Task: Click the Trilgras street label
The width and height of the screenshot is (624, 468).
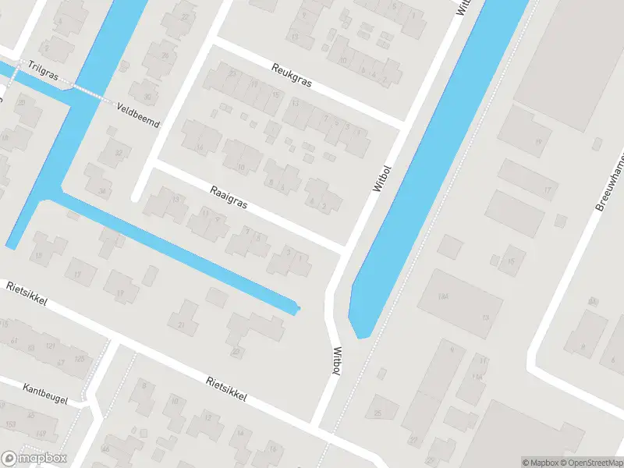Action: pyautogui.click(x=42, y=69)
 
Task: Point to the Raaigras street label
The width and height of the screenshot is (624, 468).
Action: pyautogui.click(x=229, y=197)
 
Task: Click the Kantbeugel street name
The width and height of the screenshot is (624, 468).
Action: pyautogui.click(x=45, y=394)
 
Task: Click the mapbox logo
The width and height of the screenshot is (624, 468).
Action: pyautogui.click(x=34, y=459)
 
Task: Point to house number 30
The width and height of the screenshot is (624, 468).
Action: pyautogui.click(x=147, y=97)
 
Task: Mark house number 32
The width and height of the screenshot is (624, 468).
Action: pyautogui.click(x=119, y=153)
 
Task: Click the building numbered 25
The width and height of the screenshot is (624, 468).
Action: pyautogui.click(x=380, y=412)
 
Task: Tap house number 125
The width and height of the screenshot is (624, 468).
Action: pyautogui.click(x=79, y=358)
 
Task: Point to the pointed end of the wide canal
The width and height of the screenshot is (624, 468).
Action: pyautogui.click(x=360, y=335)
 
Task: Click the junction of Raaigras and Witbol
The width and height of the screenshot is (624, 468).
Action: pyautogui.click(x=344, y=249)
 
